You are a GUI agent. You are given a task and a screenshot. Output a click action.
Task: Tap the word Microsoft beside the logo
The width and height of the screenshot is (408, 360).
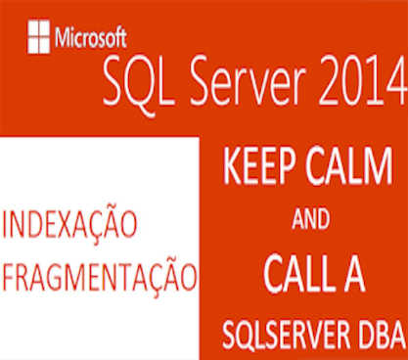(90, 39)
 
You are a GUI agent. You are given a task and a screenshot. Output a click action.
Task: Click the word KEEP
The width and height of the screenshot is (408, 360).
(257, 166)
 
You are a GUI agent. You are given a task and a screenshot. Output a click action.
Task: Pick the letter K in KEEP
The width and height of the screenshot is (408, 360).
(231, 166)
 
